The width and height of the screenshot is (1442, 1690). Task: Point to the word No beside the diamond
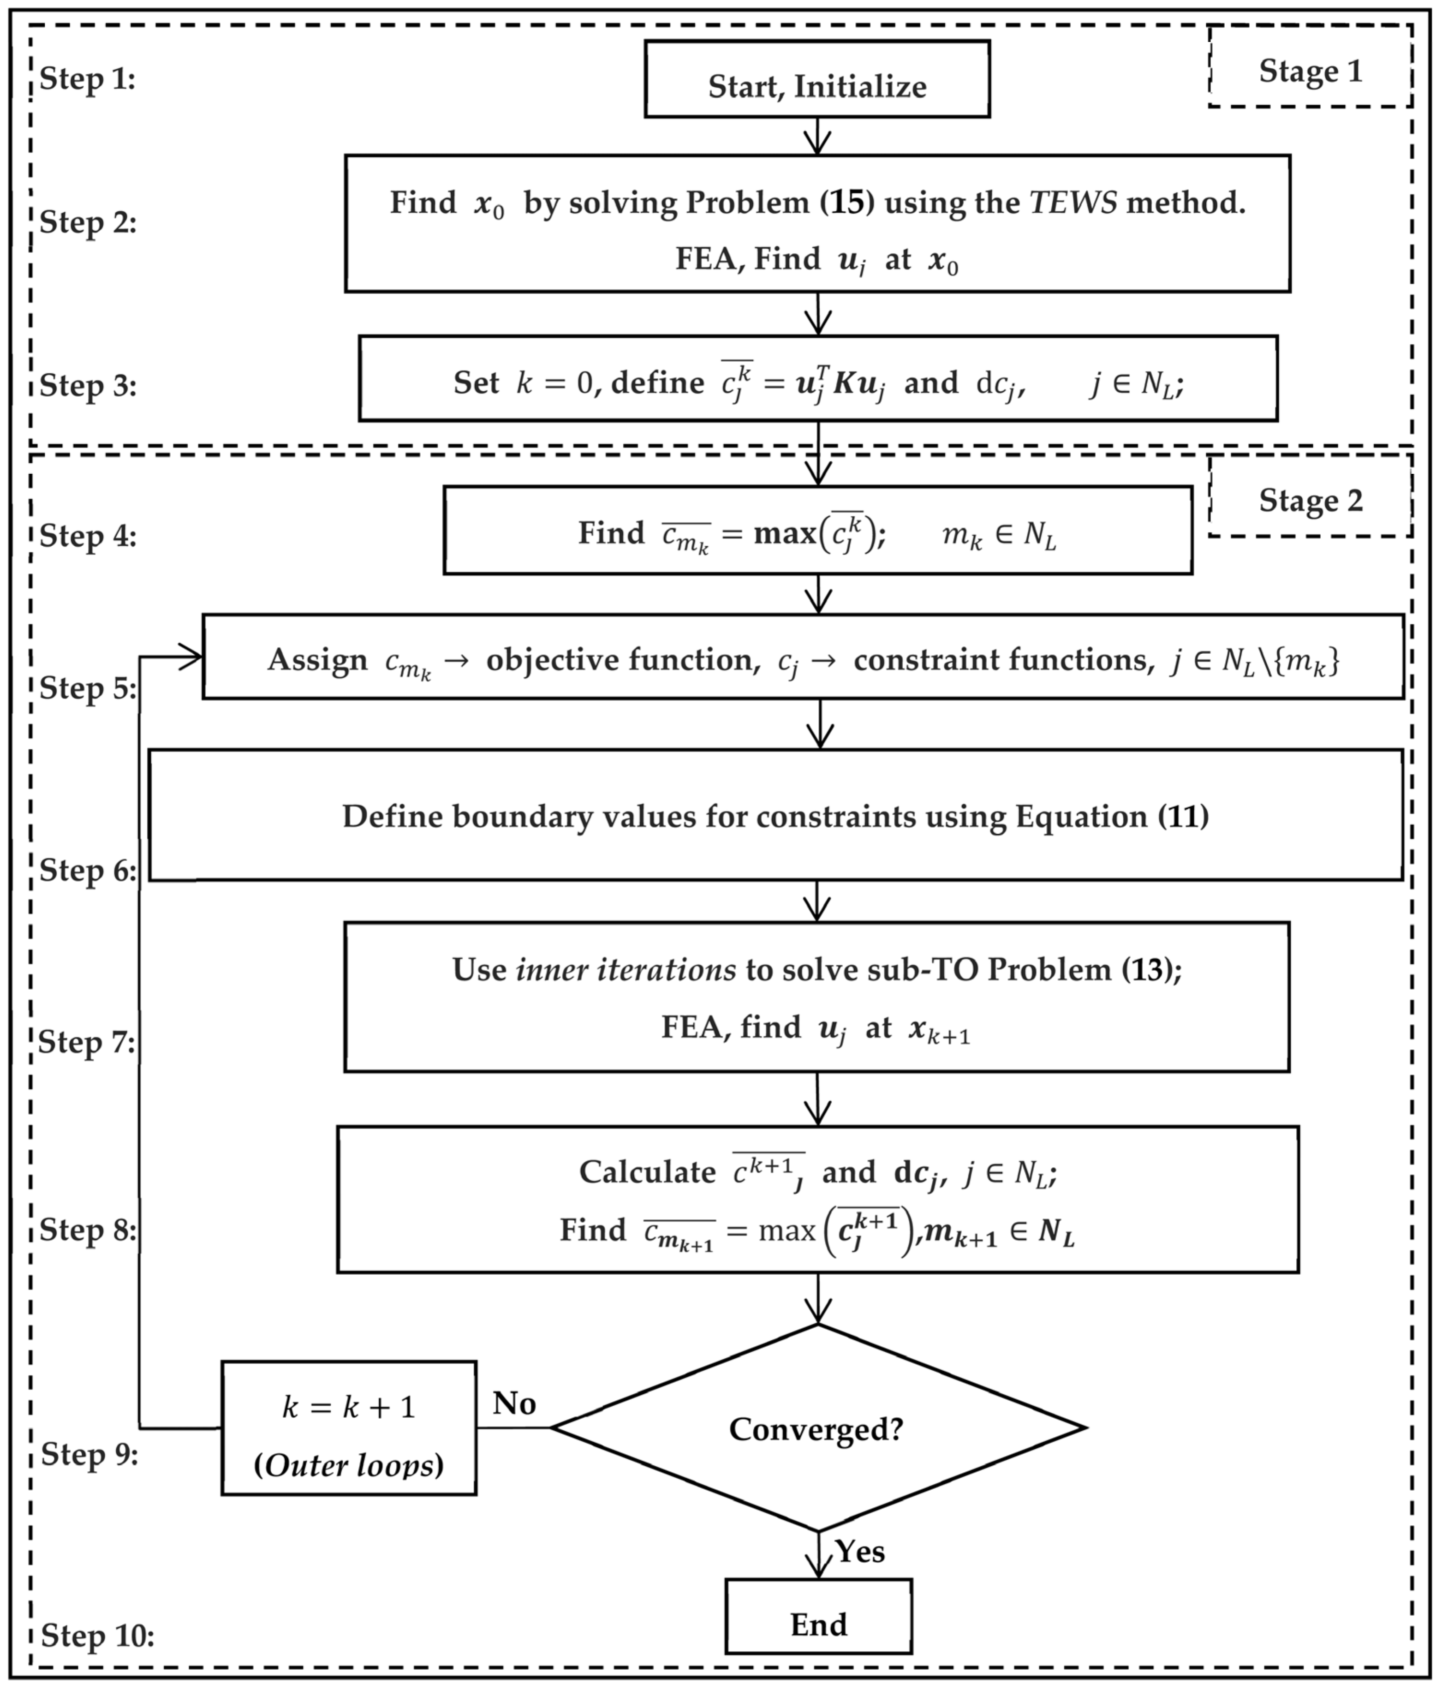click(514, 1403)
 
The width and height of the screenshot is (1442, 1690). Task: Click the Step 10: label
click(97, 1636)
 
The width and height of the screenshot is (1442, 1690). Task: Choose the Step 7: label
click(87, 1042)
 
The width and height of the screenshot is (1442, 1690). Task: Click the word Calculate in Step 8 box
click(647, 1172)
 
